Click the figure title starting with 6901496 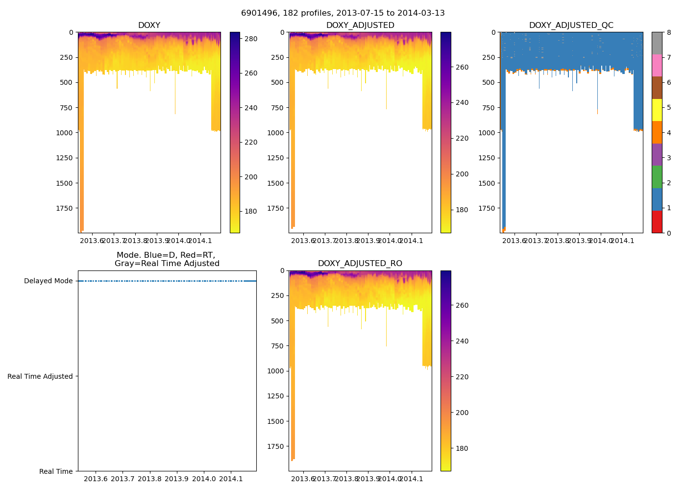tap(343, 13)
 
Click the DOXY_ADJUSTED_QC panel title tap(571, 25)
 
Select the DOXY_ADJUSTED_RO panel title tap(360, 264)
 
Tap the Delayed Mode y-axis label tap(48, 281)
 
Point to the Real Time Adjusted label tap(40, 376)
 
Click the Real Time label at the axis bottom tap(56, 471)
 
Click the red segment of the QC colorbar tap(657, 221)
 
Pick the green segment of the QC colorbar tap(657, 177)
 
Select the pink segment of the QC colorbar tap(657, 65)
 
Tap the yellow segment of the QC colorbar tap(657, 110)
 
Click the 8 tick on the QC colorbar tap(668, 32)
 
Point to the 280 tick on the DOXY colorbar tap(251, 38)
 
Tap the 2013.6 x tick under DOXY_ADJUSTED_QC tap(514, 241)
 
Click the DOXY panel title tap(149, 25)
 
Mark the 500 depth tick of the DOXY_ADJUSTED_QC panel tap(489, 82)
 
